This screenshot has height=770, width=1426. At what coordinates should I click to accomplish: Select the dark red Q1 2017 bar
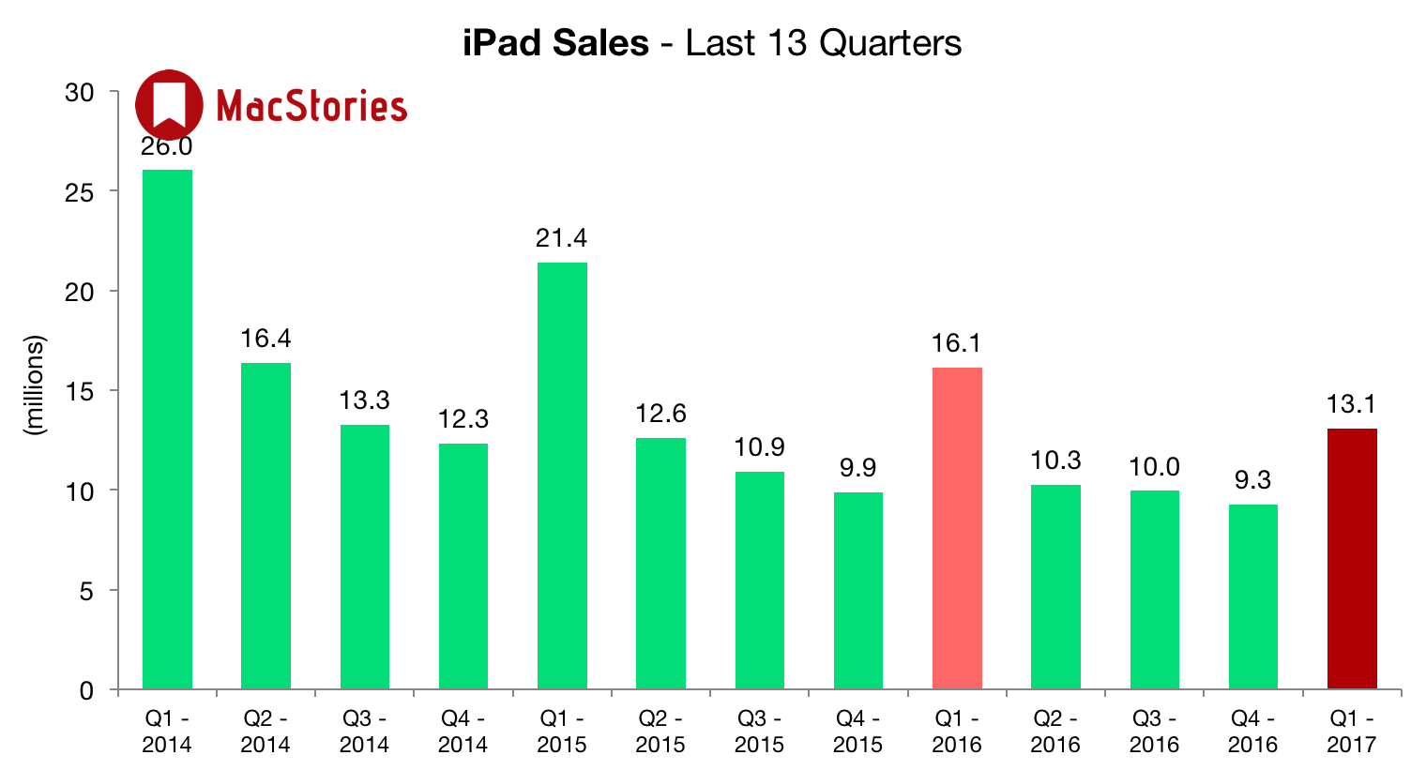click(x=1352, y=559)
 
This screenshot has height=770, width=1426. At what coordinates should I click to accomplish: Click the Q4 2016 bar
click(x=1253, y=596)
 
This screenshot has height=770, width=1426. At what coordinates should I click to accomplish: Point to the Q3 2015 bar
click(x=759, y=581)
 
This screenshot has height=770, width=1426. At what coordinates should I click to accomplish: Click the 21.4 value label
click(x=562, y=238)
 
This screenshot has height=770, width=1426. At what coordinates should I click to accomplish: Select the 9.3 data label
click(x=1253, y=480)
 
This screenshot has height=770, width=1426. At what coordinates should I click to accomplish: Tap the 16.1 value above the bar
click(x=957, y=343)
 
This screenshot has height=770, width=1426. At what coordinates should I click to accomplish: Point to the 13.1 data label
click(x=1352, y=404)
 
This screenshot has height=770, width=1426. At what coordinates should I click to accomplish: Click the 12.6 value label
click(x=660, y=413)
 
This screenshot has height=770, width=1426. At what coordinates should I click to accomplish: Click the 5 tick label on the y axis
click(x=86, y=591)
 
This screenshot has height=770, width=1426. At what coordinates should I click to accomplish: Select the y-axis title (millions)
click(x=35, y=385)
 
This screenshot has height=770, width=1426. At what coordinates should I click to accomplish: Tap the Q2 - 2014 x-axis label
click(x=265, y=732)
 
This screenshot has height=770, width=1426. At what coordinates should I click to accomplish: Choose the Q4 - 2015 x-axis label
click(x=858, y=732)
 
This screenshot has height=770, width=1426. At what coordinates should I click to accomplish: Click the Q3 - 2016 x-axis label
click(x=1155, y=732)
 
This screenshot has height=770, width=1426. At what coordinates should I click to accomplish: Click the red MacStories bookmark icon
click(x=169, y=103)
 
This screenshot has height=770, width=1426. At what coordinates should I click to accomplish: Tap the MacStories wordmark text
click(x=311, y=106)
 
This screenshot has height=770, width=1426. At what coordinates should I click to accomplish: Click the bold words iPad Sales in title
click(x=555, y=43)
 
